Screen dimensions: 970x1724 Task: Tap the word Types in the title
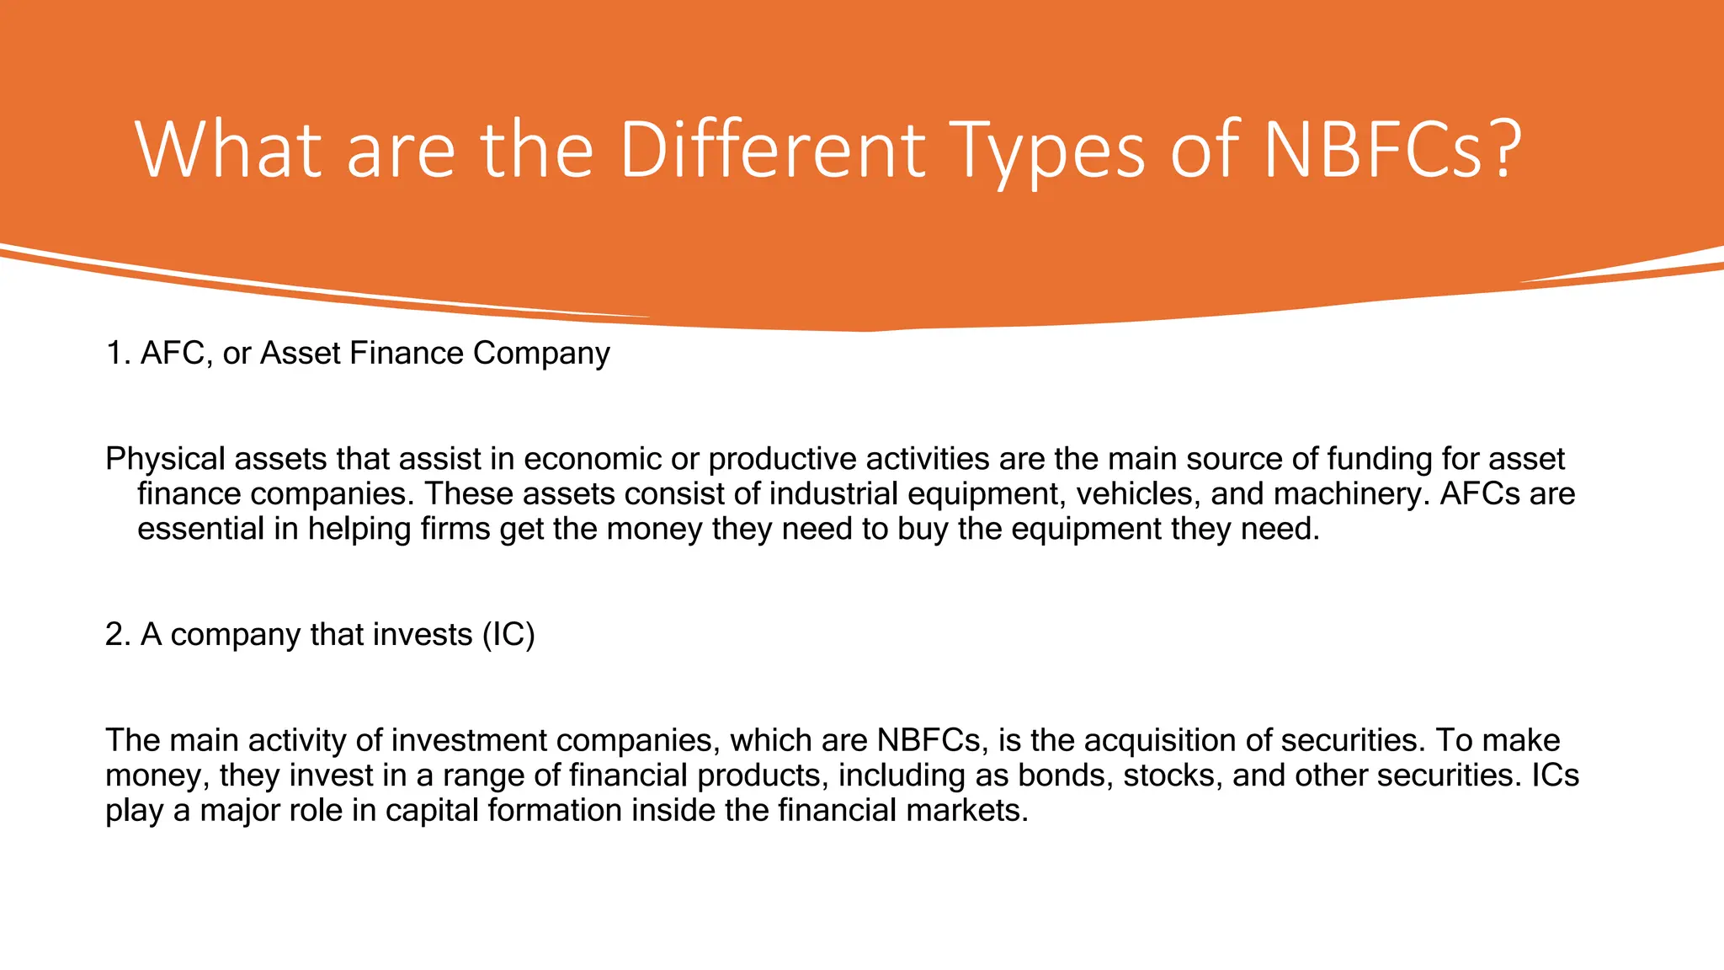tap(1047, 152)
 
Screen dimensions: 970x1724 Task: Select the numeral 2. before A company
tap(117, 635)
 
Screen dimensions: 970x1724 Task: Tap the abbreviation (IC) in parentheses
tap(508, 635)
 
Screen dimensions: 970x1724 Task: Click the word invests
tap(423, 635)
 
